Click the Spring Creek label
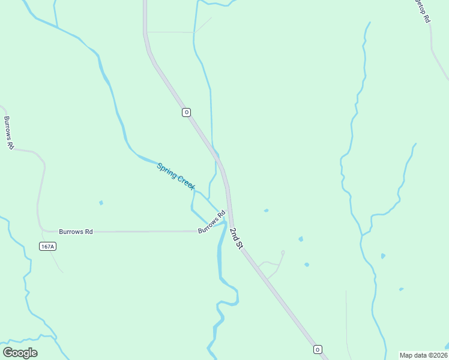click(x=176, y=177)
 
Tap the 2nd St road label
click(x=236, y=238)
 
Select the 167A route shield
click(x=47, y=246)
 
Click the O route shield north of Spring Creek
click(x=186, y=112)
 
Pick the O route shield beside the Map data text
click(x=318, y=349)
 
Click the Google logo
click(x=20, y=353)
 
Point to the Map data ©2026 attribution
click(x=423, y=355)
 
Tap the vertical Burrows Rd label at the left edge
click(x=8, y=133)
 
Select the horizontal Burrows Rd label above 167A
click(x=76, y=232)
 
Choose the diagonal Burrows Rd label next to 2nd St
click(x=211, y=221)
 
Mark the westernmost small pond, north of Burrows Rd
click(x=101, y=203)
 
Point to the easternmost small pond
click(x=401, y=289)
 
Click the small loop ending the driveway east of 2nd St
click(x=282, y=253)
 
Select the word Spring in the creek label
click(x=166, y=170)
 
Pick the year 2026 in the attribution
click(x=438, y=355)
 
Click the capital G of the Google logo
click(x=8, y=352)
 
